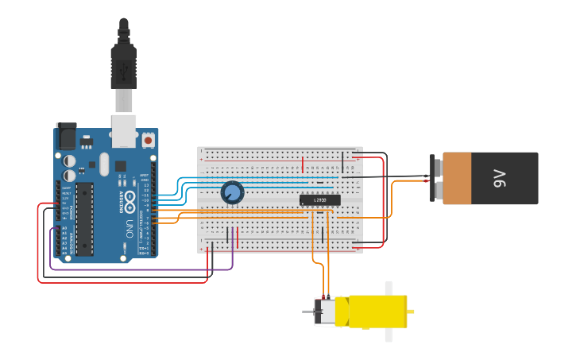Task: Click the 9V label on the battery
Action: pyautogui.click(x=500, y=178)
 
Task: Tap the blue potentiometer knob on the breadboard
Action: pyautogui.click(x=232, y=192)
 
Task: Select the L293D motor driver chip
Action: pyautogui.click(x=319, y=199)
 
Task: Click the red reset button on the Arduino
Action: pyautogui.click(x=148, y=141)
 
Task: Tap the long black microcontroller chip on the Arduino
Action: pyautogui.click(x=84, y=219)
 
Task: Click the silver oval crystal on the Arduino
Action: pyautogui.click(x=104, y=165)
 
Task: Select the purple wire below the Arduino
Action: pyautogui.click(x=143, y=270)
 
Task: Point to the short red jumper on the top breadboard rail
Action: pyautogui.click(x=302, y=164)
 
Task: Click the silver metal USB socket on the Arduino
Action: pyautogui.click(x=124, y=131)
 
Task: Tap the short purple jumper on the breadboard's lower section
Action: pyautogui.click(x=228, y=236)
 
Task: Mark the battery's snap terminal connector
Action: pyautogui.click(x=434, y=178)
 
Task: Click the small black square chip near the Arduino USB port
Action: pyautogui.click(x=120, y=166)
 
